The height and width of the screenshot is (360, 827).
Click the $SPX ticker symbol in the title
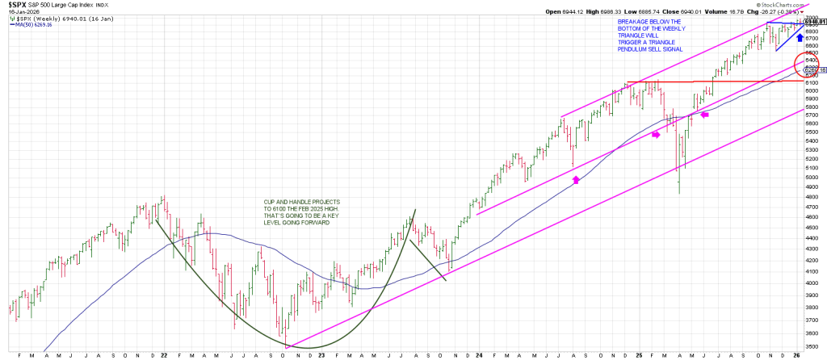[17, 5]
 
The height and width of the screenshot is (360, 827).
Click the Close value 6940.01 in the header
[698, 13]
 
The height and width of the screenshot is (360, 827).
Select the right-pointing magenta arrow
[655, 134]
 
